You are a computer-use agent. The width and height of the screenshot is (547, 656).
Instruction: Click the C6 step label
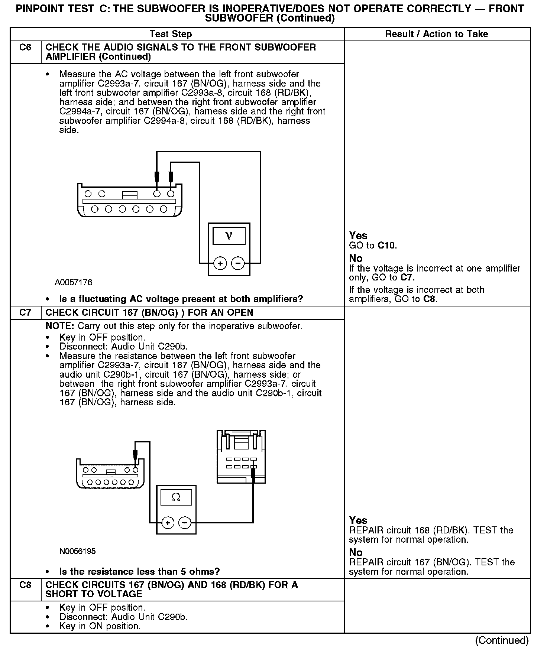coord(25,48)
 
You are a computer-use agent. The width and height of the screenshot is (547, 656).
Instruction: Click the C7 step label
coord(25,313)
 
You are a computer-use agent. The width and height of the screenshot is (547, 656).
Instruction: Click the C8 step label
coord(25,585)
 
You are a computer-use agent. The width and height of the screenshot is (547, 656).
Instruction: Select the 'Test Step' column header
coord(171,34)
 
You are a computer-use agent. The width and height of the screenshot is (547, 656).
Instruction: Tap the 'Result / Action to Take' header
coord(436,34)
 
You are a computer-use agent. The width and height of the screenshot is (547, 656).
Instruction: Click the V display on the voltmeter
coord(229,236)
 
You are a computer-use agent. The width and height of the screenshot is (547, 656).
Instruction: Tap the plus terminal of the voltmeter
coord(220,263)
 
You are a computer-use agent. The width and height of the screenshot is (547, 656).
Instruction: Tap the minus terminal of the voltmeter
coord(238,263)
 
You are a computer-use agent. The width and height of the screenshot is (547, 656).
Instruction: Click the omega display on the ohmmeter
coord(176,497)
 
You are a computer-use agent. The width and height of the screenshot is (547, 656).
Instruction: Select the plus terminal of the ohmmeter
coord(168,523)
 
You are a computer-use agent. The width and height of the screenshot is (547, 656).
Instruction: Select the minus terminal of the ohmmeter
coord(185,523)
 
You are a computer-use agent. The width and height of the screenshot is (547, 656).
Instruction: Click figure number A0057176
coord(74,283)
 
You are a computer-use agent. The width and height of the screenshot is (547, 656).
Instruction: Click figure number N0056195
coord(78,551)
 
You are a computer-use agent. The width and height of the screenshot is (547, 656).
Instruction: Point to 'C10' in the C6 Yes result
coord(387,246)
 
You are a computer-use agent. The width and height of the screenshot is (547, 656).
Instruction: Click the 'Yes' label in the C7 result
coord(358,520)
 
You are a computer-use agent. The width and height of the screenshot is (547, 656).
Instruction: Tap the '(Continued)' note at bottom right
coord(502,640)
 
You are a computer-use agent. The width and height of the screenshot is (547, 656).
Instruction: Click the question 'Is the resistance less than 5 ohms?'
coord(140,571)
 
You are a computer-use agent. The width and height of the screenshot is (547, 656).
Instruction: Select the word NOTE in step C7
coord(60,326)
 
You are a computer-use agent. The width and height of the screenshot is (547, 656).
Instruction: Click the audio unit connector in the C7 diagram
coord(241,457)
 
